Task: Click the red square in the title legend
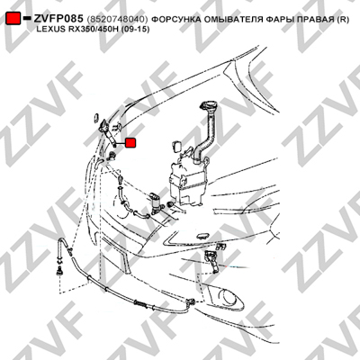tap(13, 19)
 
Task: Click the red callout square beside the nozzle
tap(130, 143)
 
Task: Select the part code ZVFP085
tap(58, 19)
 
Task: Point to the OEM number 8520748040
tap(117, 20)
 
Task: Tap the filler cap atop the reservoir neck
tap(208, 106)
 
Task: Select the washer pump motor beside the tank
tap(157, 203)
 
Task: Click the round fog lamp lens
tap(228, 297)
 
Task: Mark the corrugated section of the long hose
tap(141, 304)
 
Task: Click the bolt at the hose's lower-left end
tap(59, 271)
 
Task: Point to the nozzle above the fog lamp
tap(212, 261)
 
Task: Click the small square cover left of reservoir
tap(176, 146)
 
